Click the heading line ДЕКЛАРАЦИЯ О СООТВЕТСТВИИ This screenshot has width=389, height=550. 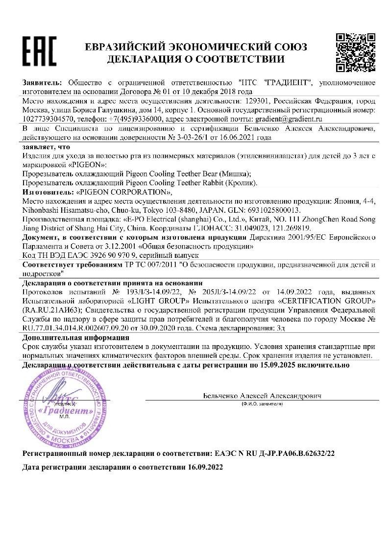tap(196, 60)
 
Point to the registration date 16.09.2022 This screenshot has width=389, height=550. tap(206, 468)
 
